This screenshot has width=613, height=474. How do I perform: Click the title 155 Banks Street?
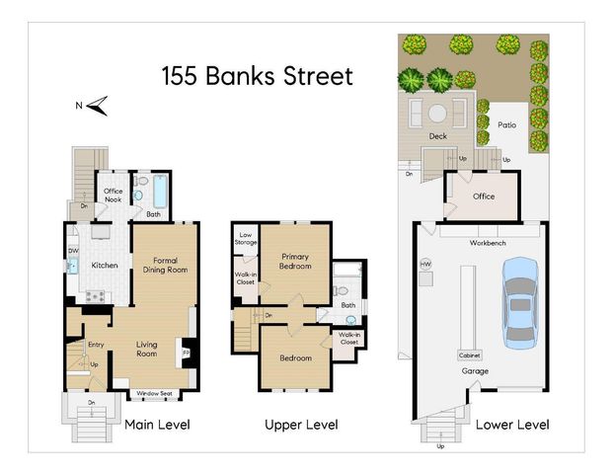click(x=257, y=77)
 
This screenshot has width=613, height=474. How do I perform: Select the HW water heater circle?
click(x=426, y=265)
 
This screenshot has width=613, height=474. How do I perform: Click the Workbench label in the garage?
click(x=489, y=242)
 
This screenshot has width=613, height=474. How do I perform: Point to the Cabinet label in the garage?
click(x=470, y=355)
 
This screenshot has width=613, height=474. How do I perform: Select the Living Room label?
click(x=146, y=349)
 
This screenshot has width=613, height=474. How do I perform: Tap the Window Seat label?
click(x=155, y=393)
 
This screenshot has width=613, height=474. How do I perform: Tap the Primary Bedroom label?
click(x=293, y=262)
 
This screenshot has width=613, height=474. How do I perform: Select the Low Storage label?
click(x=246, y=238)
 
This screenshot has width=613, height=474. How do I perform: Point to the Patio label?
click(x=507, y=125)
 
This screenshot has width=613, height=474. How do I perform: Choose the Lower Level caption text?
click(x=511, y=425)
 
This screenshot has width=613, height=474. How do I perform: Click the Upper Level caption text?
click(x=301, y=425)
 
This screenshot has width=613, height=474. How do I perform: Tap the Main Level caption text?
click(x=157, y=425)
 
